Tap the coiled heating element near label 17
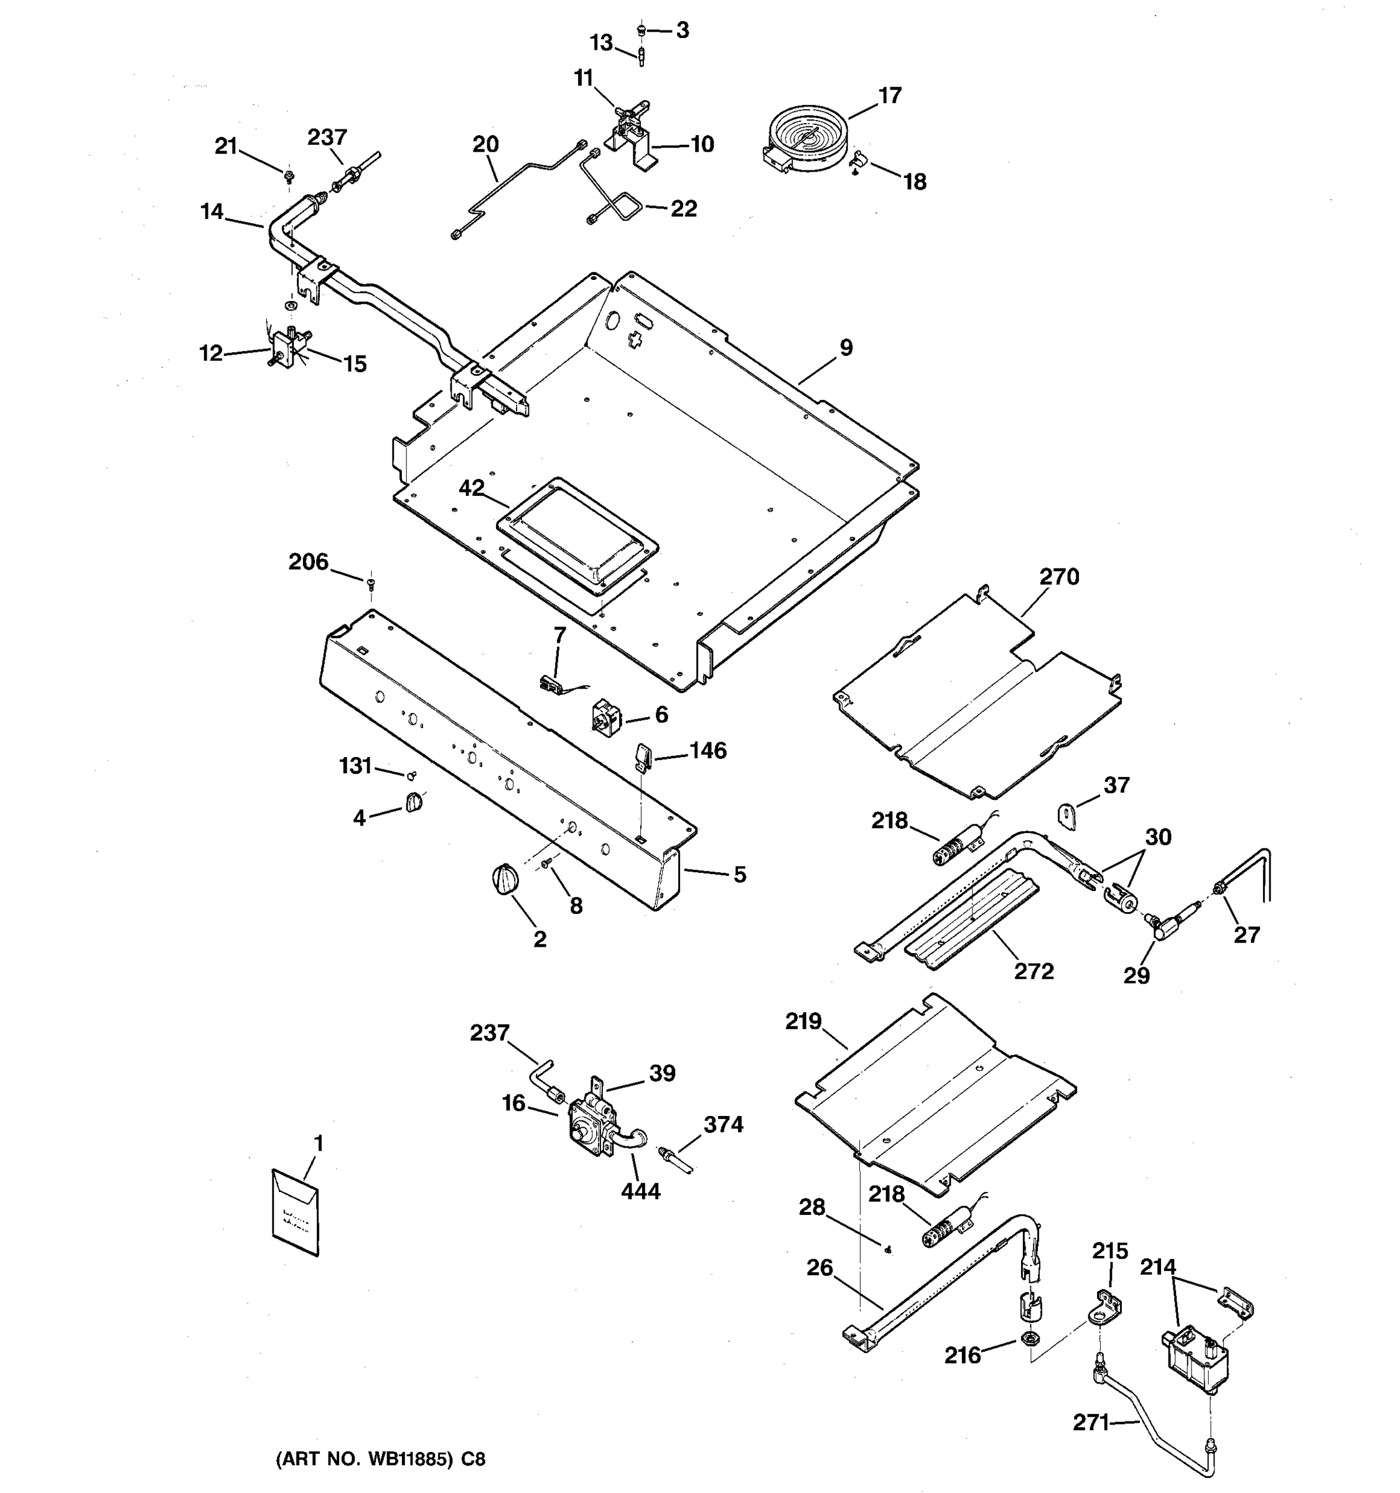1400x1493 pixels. (x=805, y=137)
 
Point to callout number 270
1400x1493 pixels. (x=1059, y=577)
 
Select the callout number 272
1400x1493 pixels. (x=1034, y=971)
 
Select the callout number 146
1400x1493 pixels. (x=707, y=750)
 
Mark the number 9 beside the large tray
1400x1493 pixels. (x=846, y=348)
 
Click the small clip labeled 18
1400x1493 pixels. (x=859, y=160)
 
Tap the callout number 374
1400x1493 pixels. (x=722, y=1124)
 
